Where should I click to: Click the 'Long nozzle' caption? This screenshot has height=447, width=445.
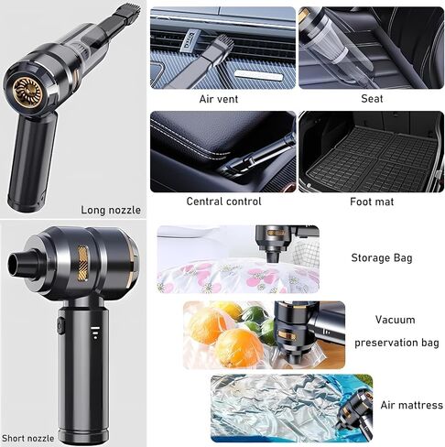(111, 210)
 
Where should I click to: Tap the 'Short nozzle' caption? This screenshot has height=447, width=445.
(28, 438)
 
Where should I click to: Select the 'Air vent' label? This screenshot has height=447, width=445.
(219, 99)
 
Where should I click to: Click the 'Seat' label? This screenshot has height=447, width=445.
(372, 99)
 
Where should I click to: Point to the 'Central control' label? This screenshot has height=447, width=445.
(223, 202)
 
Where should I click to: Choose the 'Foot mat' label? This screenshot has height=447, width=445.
(372, 202)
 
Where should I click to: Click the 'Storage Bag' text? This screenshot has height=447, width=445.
(382, 258)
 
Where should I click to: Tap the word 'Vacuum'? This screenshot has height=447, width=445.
(395, 320)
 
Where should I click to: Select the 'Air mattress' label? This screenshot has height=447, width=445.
(411, 405)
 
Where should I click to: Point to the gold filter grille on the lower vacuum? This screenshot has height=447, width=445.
(82, 264)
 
